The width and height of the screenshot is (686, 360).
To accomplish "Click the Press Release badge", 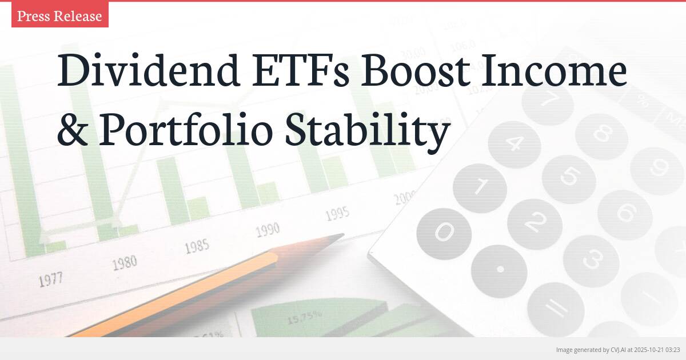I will click(59, 16).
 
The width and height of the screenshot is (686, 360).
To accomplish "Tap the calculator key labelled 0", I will click(444, 232).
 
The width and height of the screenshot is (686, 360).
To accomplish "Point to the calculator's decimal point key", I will click(500, 269).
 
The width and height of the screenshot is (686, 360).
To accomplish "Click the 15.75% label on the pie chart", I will click(304, 315).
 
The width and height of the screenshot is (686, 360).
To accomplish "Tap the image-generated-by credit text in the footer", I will click(617, 349).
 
